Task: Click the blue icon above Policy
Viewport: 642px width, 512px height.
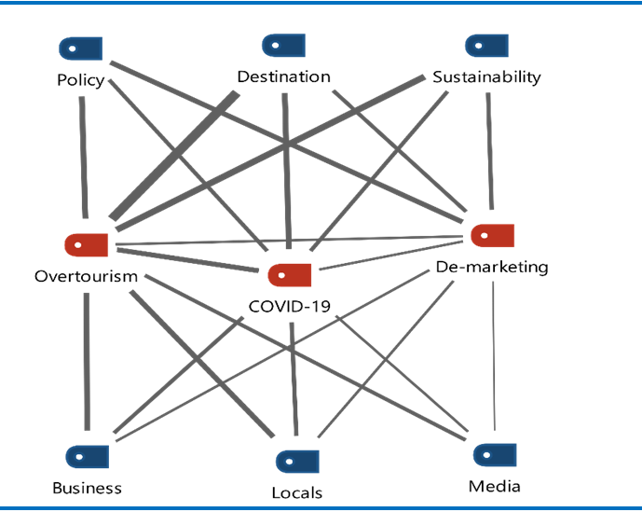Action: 80,48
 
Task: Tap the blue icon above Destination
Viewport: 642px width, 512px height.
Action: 284,45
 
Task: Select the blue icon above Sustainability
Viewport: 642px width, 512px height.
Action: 486,46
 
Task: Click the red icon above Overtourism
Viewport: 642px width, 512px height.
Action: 86,244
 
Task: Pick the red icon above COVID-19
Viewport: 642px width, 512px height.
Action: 289,275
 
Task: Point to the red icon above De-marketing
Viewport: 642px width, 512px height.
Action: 492,235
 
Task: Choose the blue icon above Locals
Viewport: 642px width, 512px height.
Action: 297,461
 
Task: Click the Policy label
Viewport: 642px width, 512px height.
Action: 80,80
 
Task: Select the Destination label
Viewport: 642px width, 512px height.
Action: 284,76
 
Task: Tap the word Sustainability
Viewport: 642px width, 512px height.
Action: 486,76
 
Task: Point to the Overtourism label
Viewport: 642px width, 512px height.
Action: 86,276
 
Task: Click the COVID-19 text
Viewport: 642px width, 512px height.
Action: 290,305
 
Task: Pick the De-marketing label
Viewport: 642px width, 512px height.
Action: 492,268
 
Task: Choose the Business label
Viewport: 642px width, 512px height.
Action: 87,488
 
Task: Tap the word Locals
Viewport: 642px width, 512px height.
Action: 297,491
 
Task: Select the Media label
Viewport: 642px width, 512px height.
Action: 495,486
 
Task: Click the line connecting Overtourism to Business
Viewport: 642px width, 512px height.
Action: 87,364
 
